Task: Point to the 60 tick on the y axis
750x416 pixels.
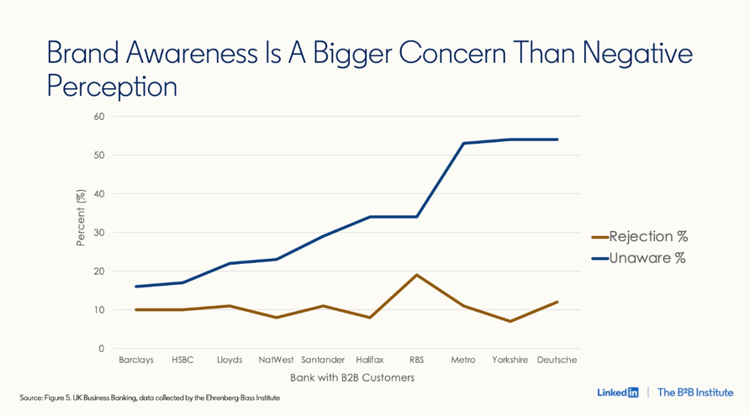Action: click(x=99, y=116)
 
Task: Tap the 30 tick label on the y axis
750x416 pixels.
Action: click(x=99, y=232)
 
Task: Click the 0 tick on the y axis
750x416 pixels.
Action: click(x=102, y=348)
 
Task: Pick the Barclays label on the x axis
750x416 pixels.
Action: click(x=136, y=360)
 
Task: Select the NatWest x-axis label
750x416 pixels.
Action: click(x=276, y=360)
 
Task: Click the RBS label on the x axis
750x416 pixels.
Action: click(x=416, y=360)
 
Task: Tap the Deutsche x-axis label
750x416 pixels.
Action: click(x=557, y=360)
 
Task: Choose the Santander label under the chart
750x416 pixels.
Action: click(x=323, y=360)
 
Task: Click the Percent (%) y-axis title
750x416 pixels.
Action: click(x=81, y=218)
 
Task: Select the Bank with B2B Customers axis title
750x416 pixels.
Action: click(x=352, y=377)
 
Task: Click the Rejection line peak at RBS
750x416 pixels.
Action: click(x=416, y=275)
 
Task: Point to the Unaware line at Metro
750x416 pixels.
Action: click(x=463, y=143)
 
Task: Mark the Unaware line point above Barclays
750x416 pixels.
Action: click(x=136, y=287)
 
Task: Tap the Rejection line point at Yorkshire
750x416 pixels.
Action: click(x=510, y=321)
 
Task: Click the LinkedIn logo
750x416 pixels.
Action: click(x=618, y=392)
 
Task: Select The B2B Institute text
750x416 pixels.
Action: click(x=695, y=392)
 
